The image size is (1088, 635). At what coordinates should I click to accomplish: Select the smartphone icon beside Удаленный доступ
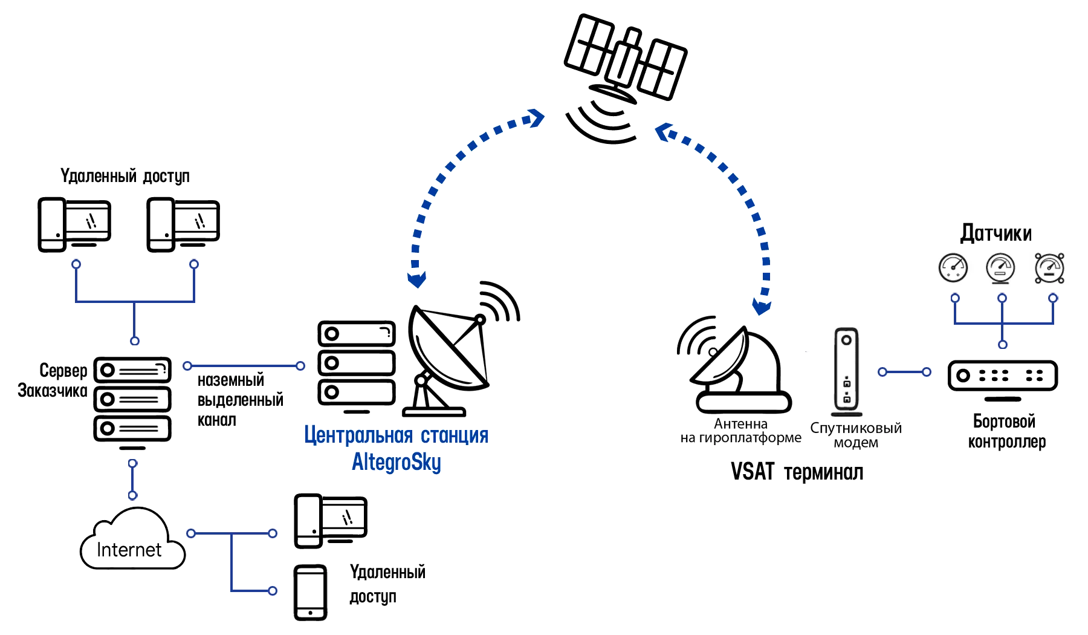pos(311,593)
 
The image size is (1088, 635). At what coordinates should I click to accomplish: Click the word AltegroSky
pos(397,463)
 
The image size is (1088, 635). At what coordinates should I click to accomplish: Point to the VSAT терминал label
pos(797,472)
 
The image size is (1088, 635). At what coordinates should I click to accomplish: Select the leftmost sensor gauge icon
pos(953,268)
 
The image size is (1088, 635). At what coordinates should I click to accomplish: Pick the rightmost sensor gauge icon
pos(1052,268)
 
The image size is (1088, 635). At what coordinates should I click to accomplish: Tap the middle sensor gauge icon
pos(1002,268)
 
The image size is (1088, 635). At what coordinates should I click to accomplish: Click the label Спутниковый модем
pos(856,435)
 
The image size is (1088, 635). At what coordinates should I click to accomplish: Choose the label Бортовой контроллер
pos(1006,431)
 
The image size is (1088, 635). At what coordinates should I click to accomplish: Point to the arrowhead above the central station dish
pos(416,278)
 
